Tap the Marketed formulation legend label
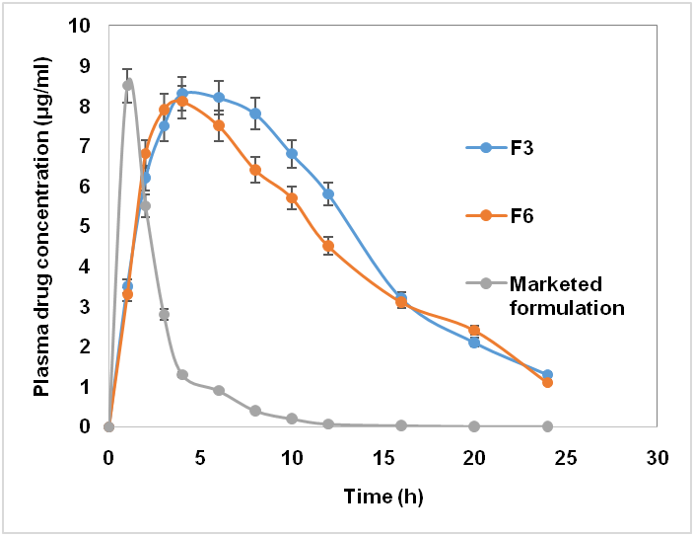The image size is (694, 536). pyautogui.click(x=567, y=295)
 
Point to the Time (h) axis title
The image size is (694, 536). pyautogui.click(x=383, y=497)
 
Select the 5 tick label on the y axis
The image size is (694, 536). pyautogui.click(x=85, y=226)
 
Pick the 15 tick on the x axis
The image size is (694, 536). pyautogui.click(x=383, y=458)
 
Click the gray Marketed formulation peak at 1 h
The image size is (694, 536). pyautogui.click(x=127, y=85)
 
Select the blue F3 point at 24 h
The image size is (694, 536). pyautogui.click(x=547, y=374)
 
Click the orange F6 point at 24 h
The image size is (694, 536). pyautogui.click(x=547, y=382)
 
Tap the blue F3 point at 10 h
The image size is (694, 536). pyautogui.click(x=292, y=153)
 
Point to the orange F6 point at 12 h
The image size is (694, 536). pyautogui.click(x=328, y=246)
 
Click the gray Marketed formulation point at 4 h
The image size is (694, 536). pyautogui.click(x=182, y=374)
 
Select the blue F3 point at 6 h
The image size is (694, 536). pyautogui.click(x=219, y=97)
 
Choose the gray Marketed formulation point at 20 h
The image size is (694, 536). pyautogui.click(x=474, y=426)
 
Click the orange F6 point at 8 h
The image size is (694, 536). pyautogui.click(x=255, y=170)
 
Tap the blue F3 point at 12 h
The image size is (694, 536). pyautogui.click(x=328, y=193)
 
